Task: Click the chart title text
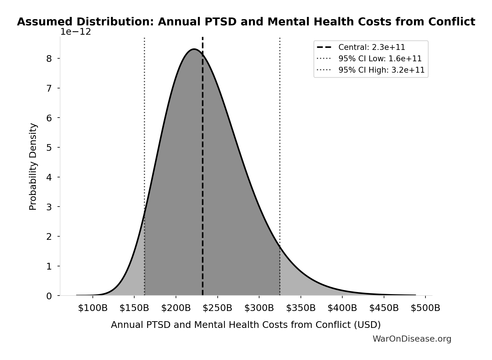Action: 246,22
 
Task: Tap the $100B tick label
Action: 93,308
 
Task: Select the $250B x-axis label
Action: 217,308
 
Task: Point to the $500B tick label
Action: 425,308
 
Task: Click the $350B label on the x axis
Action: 301,308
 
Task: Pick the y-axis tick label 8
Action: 49,59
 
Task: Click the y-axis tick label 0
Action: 49,296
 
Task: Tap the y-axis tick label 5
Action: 49,148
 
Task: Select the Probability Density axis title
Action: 33,167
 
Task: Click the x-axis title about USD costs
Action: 246,325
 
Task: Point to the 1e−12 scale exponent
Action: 76,32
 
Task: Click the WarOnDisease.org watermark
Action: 412,339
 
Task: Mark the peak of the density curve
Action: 194,49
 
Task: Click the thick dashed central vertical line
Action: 203,175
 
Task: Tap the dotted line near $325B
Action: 280,146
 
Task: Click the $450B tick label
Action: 384,308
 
